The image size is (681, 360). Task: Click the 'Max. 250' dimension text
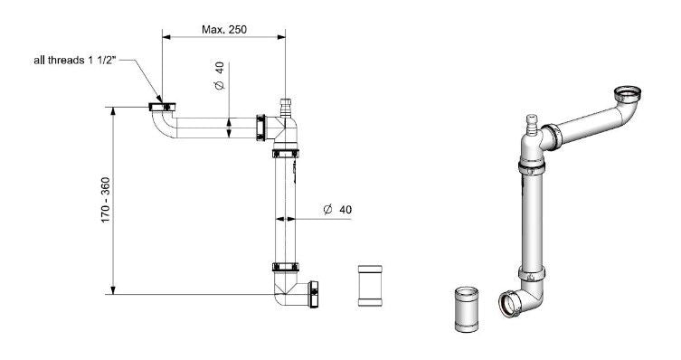click(x=223, y=29)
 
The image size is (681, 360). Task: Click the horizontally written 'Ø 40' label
click(x=336, y=210)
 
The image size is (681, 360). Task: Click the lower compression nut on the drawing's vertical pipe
click(x=286, y=268)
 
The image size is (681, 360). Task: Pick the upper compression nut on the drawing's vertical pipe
click(x=287, y=154)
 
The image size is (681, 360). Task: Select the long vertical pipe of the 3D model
click(x=534, y=217)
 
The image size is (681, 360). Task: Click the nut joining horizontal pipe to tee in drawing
click(x=262, y=127)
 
